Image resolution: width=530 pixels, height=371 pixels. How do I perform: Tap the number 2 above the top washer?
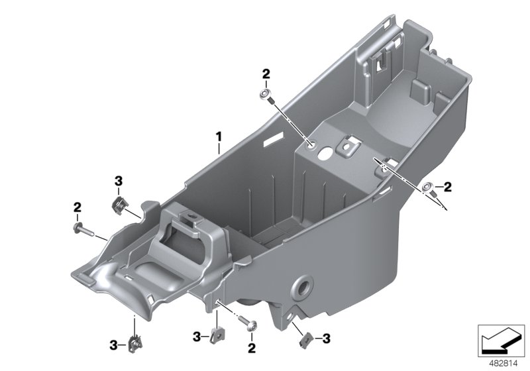266,74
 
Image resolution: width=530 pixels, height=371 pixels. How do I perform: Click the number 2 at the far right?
447,188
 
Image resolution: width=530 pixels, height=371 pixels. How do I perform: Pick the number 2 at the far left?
77,207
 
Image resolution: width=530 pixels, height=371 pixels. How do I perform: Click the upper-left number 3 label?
119,180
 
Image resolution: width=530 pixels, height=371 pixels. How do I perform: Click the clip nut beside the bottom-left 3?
135,343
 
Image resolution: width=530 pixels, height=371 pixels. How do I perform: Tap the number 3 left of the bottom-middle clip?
197,337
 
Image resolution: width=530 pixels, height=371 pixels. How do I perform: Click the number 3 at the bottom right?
326,339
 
